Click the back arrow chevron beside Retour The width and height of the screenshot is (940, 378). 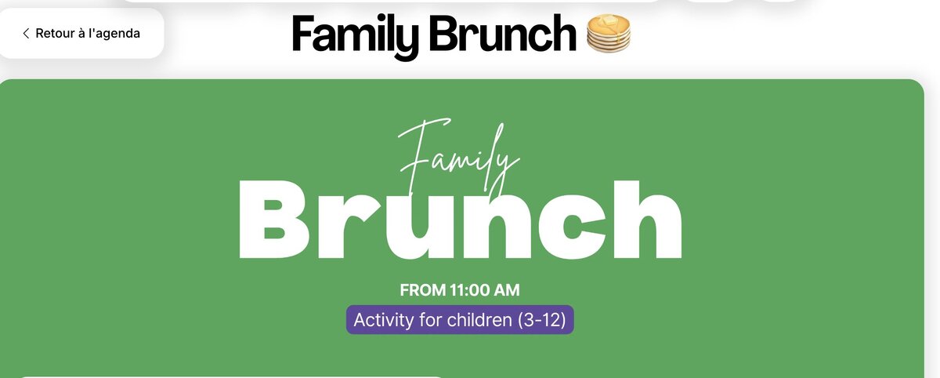[x=26, y=33]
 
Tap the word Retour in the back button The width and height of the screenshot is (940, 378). [x=55, y=33]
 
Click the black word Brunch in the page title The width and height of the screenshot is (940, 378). [x=502, y=33]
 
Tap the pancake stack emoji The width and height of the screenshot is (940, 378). [x=609, y=33]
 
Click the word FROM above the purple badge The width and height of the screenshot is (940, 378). [x=422, y=290]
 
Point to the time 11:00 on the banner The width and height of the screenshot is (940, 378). [x=469, y=290]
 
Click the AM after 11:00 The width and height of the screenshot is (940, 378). [x=507, y=290]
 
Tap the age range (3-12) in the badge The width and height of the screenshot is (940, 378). [x=542, y=321]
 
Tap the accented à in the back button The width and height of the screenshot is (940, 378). [x=81, y=33]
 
